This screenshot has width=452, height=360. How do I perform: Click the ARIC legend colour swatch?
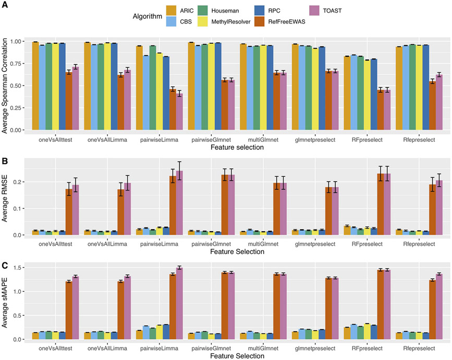[x=172, y=10]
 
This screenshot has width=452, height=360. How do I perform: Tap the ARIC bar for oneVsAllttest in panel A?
[x=35, y=86]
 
